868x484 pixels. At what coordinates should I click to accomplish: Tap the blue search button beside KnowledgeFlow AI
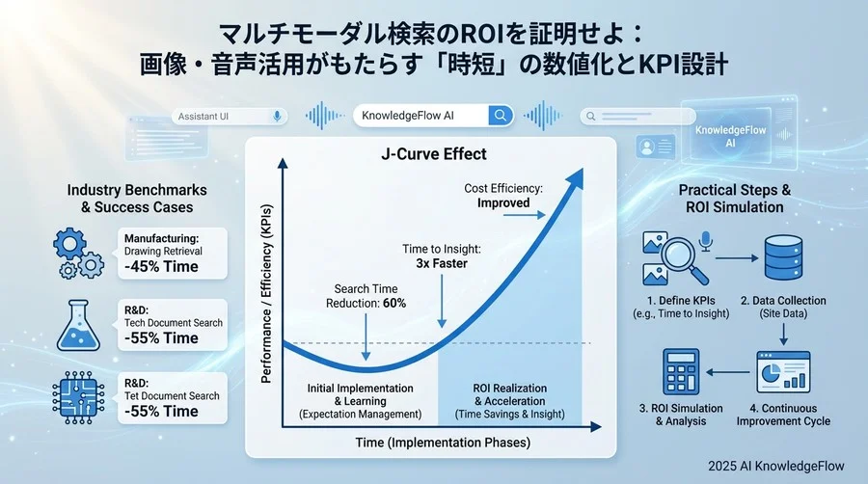point(500,116)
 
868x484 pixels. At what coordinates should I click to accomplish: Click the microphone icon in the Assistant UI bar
point(277,116)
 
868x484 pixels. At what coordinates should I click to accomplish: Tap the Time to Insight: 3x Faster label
point(441,256)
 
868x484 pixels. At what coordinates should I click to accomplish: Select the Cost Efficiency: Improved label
point(502,196)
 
